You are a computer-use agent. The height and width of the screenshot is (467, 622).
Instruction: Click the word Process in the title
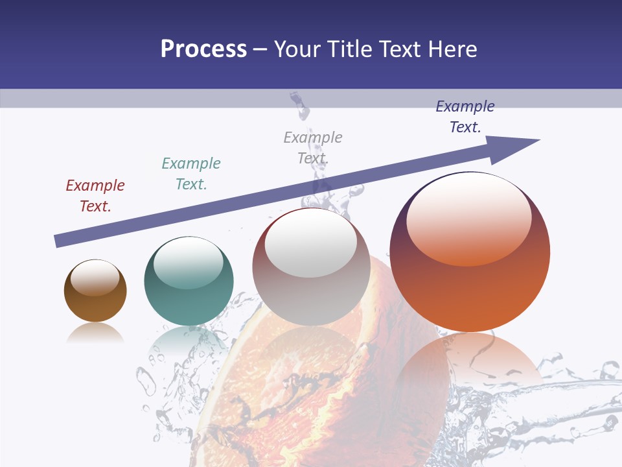click(x=203, y=49)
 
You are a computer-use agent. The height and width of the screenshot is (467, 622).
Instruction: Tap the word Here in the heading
click(x=451, y=49)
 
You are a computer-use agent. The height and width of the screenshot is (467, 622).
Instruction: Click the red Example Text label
click(x=95, y=196)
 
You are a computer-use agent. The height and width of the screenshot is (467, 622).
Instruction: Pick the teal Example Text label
click(x=191, y=174)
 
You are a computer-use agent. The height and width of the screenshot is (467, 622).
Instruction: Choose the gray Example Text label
click(x=313, y=148)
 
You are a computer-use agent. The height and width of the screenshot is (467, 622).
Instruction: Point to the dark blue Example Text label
click(x=465, y=117)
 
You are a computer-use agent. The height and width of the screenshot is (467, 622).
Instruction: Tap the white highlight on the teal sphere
click(x=188, y=263)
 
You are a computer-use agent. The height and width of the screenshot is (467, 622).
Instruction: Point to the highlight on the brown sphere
click(x=95, y=278)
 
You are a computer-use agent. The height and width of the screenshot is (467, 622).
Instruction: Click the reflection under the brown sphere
click(x=95, y=333)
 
